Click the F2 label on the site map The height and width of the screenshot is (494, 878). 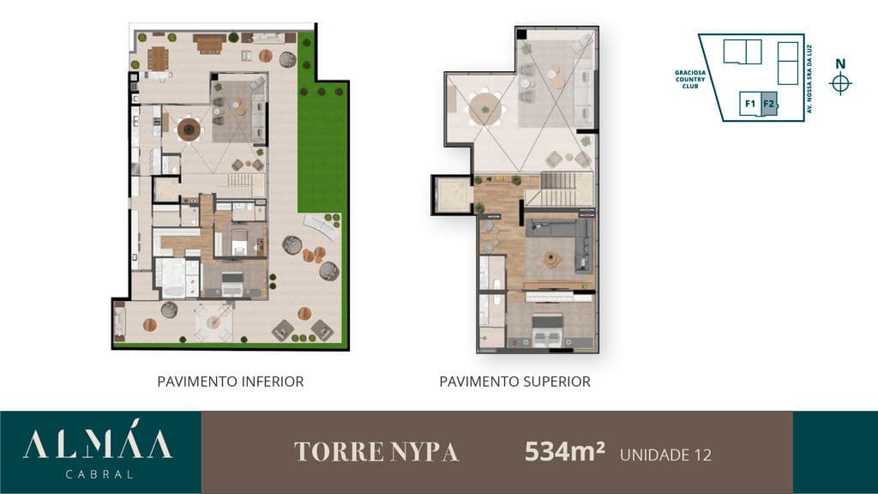pyautogui.click(x=768, y=104)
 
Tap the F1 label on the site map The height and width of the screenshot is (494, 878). pyautogui.click(x=749, y=104)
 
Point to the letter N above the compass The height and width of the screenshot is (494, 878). pyautogui.click(x=840, y=63)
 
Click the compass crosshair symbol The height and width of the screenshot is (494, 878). pyautogui.click(x=840, y=84)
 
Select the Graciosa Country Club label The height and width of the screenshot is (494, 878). pyautogui.click(x=690, y=80)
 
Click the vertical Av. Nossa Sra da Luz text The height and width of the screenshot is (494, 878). pyautogui.click(x=809, y=79)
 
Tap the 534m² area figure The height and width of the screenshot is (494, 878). pyautogui.click(x=564, y=451)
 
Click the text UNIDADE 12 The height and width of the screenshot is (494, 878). pyautogui.click(x=665, y=455)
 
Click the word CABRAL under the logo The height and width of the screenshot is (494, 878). pyautogui.click(x=99, y=474)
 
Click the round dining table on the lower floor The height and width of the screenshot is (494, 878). pyautogui.click(x=189, y=130)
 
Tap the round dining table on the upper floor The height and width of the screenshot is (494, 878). pyautogui.click(x=485, y=109)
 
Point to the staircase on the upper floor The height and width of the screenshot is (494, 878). pyautogui.click(x=557, y=189)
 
